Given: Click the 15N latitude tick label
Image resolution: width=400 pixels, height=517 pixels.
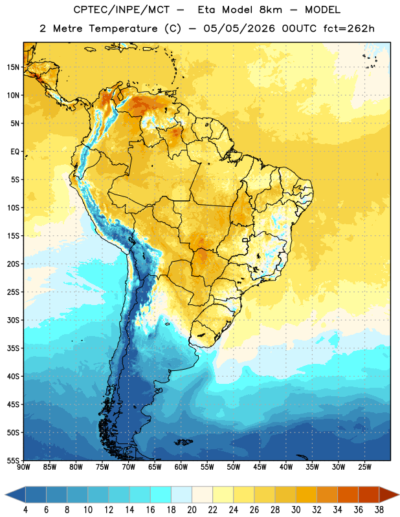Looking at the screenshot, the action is (x=13, y=67).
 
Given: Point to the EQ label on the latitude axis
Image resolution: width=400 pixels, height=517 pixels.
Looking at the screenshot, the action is (x=15, y=152).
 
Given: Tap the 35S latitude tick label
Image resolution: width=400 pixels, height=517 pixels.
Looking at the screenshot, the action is (x=13, y=348).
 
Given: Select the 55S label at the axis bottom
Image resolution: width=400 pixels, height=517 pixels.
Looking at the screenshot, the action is (x=13, y=460).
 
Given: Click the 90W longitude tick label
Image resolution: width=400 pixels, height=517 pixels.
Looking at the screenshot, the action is (x=23, y=467).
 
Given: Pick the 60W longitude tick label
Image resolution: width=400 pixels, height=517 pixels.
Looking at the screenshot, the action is (x=181, y=467).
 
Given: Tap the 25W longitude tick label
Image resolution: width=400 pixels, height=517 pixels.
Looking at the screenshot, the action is (x=364, y=467).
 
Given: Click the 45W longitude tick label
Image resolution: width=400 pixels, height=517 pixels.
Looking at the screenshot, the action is (x=260, y=467).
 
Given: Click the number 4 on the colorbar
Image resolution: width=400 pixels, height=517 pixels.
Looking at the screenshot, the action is (x=25, y=510).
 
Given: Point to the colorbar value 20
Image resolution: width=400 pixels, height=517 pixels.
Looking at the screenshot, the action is (x=192, y=510).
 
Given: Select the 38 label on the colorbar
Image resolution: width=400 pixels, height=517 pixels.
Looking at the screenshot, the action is (x=379, y=510).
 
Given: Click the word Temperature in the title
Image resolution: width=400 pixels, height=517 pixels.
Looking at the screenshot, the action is (x=123, y=28).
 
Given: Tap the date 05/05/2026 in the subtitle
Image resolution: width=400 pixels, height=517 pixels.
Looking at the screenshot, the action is (x=239, y=28).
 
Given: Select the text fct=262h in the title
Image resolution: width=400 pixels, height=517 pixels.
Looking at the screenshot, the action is (x=349, y=28).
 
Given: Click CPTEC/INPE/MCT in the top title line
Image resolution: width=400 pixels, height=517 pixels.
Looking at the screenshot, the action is (x=122, y=10).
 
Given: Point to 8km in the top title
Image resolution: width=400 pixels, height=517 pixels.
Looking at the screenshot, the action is (x=271, y=10).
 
